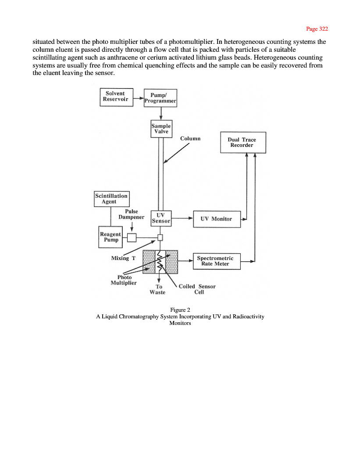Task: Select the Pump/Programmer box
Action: pyautogui.click(x=160, y=98)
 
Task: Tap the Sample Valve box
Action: pyautogui.click(x=161, y=128)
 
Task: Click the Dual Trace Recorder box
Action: pyautogui.click(x=242, y=142)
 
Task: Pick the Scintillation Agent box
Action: pyautogui.click(x=111, y=199)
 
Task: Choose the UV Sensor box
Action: pyautogui.click(x=161, y=218)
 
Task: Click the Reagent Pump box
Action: pyautogui.click(x=110, y=237)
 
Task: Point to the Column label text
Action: pyautogui.click(x=190, y=139)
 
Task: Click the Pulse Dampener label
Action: pyautogui.click(x=131, y=214)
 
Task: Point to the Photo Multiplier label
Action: pyautogui.click(x=124, y=280)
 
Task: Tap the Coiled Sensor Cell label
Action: pyautogui.click(x=197, y=289)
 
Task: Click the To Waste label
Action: pyautogui.click(x=158, y=289)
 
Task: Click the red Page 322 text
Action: pyautogui.click(x=317, y=29)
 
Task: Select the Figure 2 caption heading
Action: pyautogui.click(x=180, y=310)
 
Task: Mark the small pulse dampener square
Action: pyautogui.click(x=132, y=238)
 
